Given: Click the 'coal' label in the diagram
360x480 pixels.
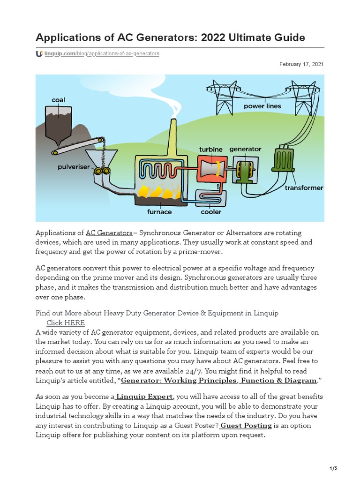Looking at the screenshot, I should (59, 100).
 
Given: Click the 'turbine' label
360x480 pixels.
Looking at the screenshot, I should (210, 150).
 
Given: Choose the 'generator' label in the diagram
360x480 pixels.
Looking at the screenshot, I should (245, 150).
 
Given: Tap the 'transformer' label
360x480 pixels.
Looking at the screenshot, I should (304, 187).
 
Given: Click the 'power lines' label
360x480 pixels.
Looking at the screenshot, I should (262, 106).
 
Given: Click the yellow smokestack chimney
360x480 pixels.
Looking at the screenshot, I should (172, 136).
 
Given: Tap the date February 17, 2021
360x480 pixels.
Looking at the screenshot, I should (301, 64).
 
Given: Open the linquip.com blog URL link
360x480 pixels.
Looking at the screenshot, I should (102, 54).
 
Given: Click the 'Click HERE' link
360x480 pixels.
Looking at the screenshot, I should (66, 322).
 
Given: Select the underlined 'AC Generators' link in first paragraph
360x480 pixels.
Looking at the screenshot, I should (109, 233).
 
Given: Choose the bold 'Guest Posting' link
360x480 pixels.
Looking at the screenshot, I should (246, 425).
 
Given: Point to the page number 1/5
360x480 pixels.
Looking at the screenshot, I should (333, 468).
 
